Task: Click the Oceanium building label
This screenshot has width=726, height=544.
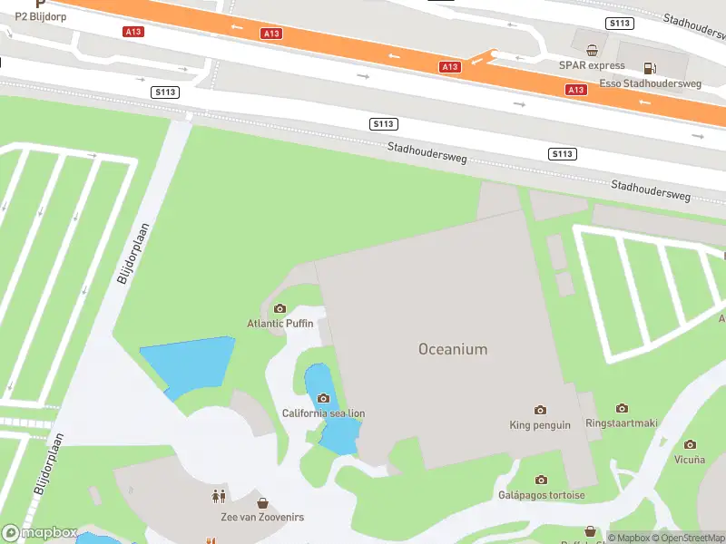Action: click(453, 349)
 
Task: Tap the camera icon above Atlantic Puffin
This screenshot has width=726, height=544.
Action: click(280, 309)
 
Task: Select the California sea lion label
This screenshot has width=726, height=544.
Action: click(323, 413)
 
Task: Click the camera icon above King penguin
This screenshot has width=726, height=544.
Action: click(541, 411)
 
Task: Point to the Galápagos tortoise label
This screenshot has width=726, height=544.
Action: click(541, 495)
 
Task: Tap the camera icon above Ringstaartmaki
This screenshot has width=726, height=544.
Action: click(622, 409)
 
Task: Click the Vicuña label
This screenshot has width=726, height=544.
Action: click(690, 459)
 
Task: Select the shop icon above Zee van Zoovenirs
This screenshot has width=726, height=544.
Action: click(263, 502)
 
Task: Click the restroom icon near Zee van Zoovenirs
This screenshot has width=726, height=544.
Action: click(218, 496)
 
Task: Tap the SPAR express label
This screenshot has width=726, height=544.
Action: click(592, 65)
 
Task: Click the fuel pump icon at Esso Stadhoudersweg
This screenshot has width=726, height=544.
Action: click(649, 68)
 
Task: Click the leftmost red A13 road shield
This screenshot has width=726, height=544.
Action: click(132, 32)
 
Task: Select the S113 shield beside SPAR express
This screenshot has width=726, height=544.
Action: click(622, 24)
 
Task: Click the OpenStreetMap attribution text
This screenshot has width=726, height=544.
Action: click(690, 538)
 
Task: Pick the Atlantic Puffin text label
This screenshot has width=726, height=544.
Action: click(280, 324)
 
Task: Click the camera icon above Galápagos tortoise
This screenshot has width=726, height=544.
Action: click(541, 480)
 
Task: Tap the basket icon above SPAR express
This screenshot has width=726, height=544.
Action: click(592, 51)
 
